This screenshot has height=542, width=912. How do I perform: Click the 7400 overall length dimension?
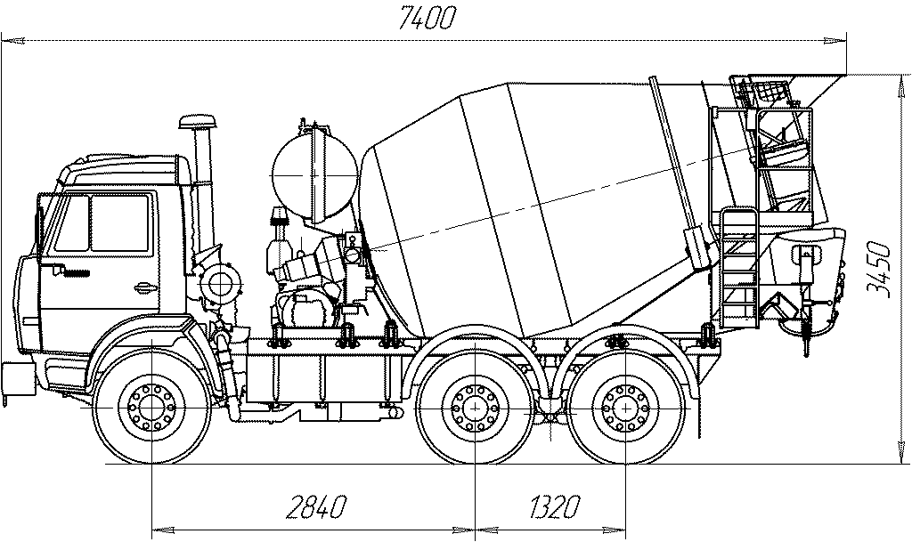click(x=427, y=18)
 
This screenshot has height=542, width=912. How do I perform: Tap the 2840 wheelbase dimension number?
click(x=316, y=506)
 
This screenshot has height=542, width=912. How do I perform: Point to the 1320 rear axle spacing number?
click(x=554, y=506)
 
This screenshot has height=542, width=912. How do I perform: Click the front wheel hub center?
click(x=151, y=407)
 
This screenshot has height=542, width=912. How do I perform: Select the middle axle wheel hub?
click(x=476, y=407)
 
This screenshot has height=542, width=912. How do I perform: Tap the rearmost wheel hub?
click(x=625, y=407)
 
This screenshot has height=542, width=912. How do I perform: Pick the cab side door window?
click(x=119, y=223)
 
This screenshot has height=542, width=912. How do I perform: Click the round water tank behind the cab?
click(x=314, y=174)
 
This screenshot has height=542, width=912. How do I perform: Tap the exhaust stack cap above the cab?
click(x=198, y=123)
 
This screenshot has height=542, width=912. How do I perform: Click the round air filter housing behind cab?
click(x=220, y=284)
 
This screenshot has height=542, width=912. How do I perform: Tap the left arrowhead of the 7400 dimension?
click(x=12, y=41)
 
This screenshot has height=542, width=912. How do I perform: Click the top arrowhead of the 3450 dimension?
click(x=900, y=86)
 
